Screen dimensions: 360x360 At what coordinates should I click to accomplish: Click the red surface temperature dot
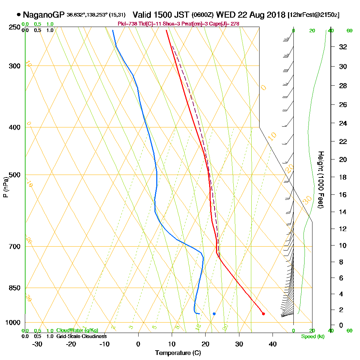coord(263,314)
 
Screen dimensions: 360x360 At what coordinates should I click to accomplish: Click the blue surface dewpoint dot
coord(214,314)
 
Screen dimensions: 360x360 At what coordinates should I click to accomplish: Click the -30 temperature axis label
coord(37,344)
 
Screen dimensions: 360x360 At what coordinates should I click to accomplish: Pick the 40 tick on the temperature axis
coord(273,344)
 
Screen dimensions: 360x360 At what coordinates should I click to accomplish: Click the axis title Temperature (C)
coord(178,353)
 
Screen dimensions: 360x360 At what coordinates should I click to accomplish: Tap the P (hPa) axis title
coord(5,187)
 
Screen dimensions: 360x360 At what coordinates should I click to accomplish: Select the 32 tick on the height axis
coord(343,47)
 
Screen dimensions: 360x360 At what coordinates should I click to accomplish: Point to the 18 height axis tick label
coord(343,177)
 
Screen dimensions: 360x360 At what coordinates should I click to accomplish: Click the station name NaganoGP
coord(43,15)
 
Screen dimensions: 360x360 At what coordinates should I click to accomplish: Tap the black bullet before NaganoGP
coord(18,15)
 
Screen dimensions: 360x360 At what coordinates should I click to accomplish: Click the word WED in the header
coord(225,15)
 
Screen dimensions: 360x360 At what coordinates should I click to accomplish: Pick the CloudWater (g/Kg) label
coord(77,330)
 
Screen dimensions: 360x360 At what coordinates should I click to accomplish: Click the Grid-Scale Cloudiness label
coord(81,336)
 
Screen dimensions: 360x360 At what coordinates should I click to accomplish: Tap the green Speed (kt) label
coord(312,336)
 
